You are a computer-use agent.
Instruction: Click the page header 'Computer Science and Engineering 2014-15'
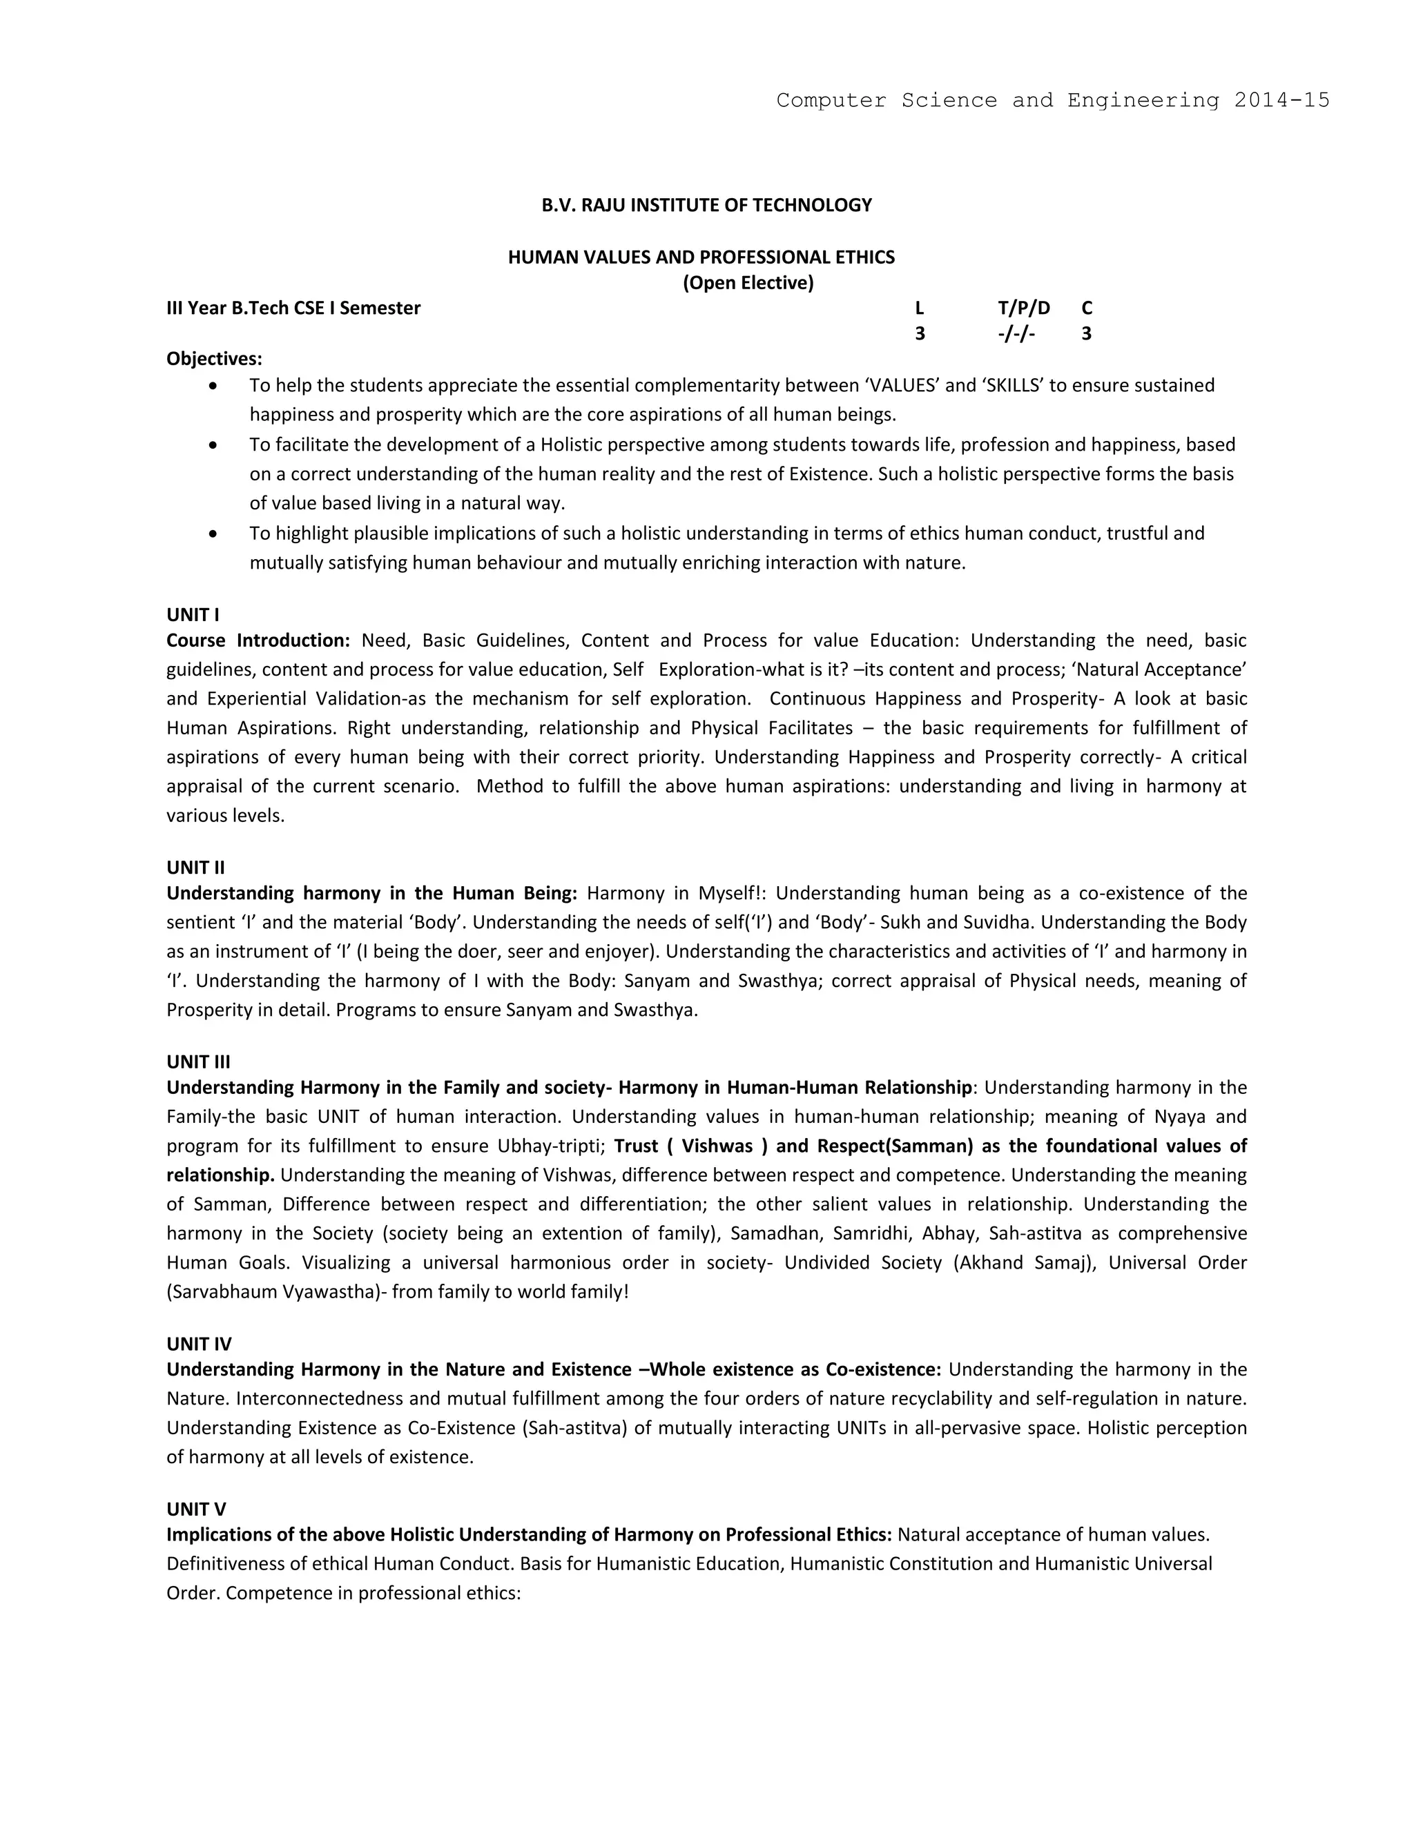pos(1052,101)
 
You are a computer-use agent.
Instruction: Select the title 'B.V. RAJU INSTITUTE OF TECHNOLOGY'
pos(706,205)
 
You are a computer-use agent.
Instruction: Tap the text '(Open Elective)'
pos(748,283)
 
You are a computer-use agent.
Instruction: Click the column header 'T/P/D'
pos(1024,309)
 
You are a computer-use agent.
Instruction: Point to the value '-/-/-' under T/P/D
pos(1016,334)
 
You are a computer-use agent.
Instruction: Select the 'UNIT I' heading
pos(193,615)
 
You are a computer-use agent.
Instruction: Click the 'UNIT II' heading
pos(195,868)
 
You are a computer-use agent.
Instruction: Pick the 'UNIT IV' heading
pos(199,1344)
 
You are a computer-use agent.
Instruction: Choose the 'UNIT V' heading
pos(196,1509)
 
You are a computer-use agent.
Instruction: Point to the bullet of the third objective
pos(215,534)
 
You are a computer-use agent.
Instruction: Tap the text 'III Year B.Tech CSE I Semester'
pos(293,309)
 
